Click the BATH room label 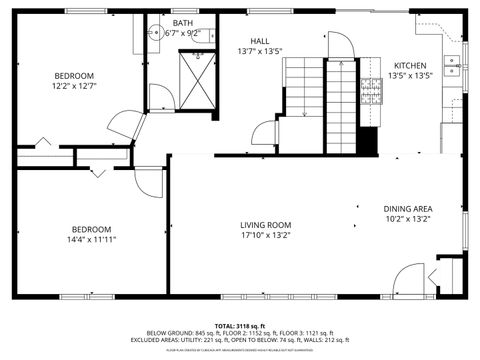182,22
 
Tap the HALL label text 260,41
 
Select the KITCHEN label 409,65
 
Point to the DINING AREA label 408,209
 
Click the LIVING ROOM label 265,225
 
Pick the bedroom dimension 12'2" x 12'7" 74,86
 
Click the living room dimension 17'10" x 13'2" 265,237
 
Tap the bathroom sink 154,34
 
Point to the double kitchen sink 453,66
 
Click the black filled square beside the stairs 368,142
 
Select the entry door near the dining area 410,279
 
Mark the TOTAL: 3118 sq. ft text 240,326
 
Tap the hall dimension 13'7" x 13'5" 260,51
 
